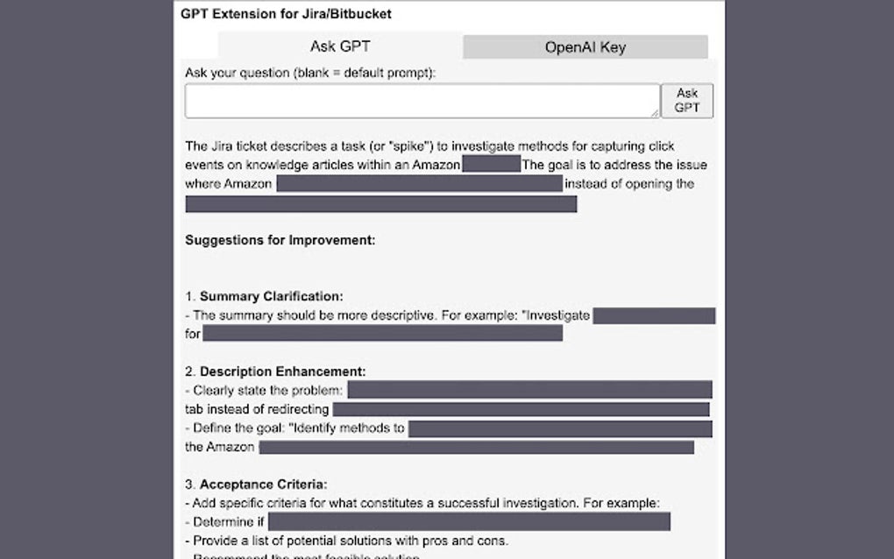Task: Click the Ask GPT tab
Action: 340,46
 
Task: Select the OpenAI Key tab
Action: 585,47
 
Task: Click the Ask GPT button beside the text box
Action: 686,101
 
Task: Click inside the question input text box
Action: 421,101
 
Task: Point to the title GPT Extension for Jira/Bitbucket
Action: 286,14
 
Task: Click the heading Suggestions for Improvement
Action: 280,240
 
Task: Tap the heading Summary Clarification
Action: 271,296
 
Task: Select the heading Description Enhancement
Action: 282,371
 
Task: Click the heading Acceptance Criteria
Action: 263,484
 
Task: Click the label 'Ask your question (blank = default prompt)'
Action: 309,73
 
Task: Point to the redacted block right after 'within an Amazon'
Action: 491,165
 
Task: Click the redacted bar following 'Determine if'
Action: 469,522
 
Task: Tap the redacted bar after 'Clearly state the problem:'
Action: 529,390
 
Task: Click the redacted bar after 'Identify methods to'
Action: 560,428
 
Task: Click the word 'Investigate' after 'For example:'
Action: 557,315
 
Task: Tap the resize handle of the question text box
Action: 656,113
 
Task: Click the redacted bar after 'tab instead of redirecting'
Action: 521,409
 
